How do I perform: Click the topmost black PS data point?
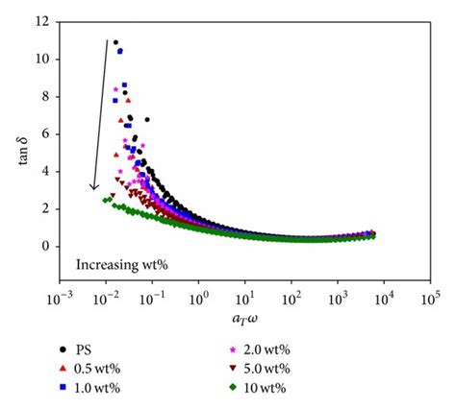[x=115, y=42]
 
